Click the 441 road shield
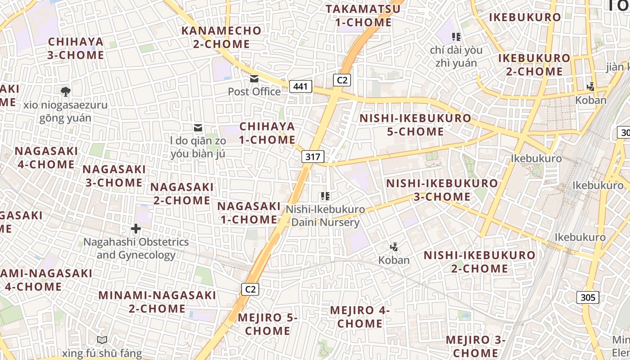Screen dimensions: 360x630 pos(301,86)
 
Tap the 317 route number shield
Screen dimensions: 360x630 pos(313,157)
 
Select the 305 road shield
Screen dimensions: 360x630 pos(588,297)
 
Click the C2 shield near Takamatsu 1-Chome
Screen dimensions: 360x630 pos(342,80)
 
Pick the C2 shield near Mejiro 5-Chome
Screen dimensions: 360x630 pos(250,289)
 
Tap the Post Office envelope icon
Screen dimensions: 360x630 pos(254,79)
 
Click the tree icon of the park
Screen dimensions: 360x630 pos(65,92)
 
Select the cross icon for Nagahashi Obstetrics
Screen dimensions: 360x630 pos(136,229)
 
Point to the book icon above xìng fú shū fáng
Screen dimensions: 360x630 pos(102,340)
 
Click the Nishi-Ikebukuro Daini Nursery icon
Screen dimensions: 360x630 pos(325,196)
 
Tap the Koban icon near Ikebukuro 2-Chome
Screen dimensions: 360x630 pos(591,86)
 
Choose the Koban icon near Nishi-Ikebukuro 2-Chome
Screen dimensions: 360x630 pos(394,247)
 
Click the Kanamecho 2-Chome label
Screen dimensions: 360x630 pos(221,37)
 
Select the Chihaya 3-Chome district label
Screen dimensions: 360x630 pos(76,49)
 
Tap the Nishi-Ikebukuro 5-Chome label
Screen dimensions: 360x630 pos(415,125)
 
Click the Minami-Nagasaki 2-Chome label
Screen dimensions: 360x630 pos(157,302)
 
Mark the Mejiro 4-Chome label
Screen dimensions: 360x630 pos(360,317)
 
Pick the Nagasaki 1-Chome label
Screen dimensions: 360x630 pos(249,213)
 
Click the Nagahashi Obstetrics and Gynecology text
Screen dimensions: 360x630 pos(136,248)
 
